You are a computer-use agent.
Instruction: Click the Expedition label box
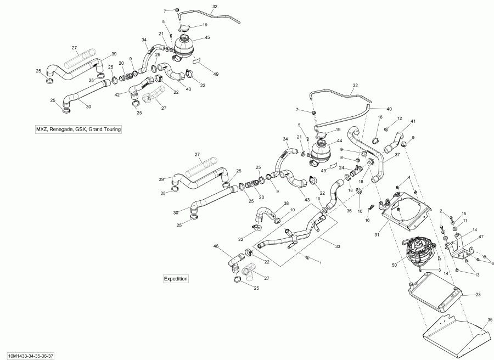coord(176,279)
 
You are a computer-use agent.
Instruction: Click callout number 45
coord(192,38)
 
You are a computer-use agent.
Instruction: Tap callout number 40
coord(389,109)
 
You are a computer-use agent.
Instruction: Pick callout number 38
coord(286,203)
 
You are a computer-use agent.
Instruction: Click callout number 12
coord(400,119)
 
